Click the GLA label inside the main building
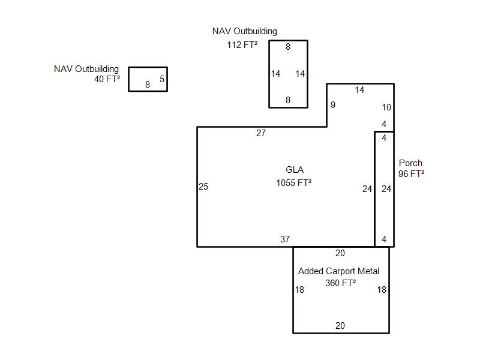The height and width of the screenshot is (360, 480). [295, 170]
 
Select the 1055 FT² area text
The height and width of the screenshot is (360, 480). [294, 183]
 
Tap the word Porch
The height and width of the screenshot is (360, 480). [410, 163]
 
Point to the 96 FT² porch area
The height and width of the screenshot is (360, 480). [411, 173]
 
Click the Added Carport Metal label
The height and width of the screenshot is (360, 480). [338, 271]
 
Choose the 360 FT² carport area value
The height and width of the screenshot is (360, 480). [340, 283]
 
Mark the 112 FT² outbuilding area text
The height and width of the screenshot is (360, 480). [242, 44]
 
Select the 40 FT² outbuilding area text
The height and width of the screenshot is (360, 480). [107, 79]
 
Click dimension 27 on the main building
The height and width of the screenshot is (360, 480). [261, 133]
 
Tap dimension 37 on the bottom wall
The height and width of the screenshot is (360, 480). [285, 239]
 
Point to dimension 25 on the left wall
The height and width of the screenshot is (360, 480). [203, 187]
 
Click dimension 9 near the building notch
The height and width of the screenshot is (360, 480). [333, 105]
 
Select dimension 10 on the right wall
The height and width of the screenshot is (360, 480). [386, 107]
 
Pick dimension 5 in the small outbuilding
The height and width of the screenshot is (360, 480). [162, 79]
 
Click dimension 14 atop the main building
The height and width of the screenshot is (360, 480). [359, 89]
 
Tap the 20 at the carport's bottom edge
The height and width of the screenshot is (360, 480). [340, 325]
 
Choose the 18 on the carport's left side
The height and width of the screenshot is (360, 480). [299, 290]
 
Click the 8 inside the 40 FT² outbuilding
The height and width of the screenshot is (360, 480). [148, 84]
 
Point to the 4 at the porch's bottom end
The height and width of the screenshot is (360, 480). [384, 239]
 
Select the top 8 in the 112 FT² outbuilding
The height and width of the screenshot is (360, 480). [288, 47]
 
